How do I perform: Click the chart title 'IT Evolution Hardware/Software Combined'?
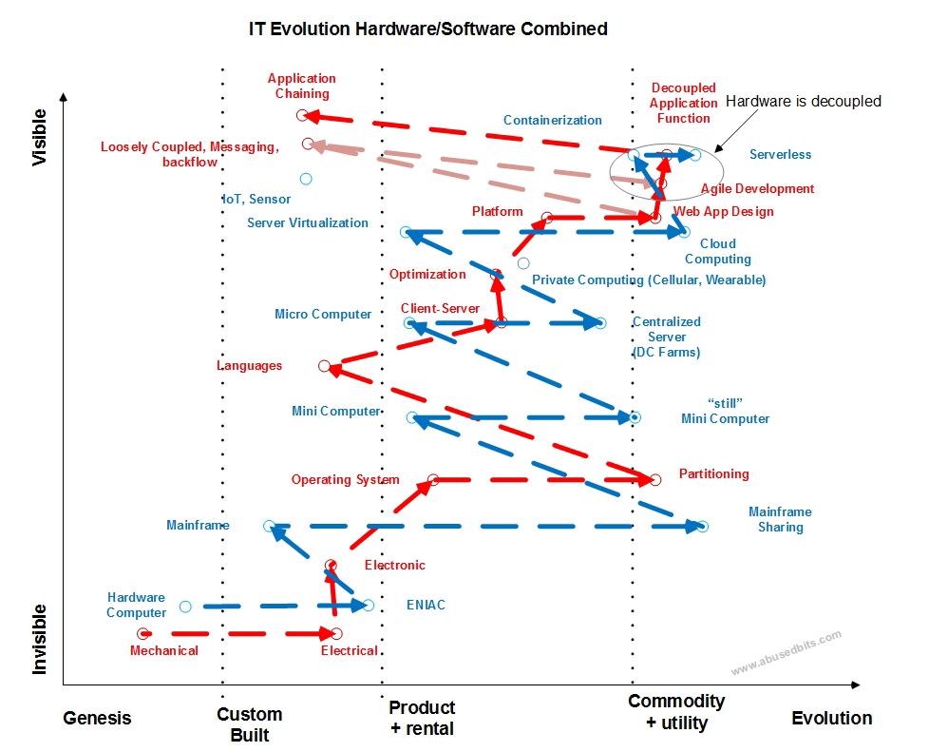[x=427, y=29]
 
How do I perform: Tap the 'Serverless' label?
[x=780, y=154]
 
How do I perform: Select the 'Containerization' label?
[x=552, y=121]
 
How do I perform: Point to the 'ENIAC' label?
[x=426, y=605]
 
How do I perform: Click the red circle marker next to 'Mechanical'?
[x=142, y=633]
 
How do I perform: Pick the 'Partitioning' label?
[x=713, y=473]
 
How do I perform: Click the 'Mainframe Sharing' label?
[x=780, y=519]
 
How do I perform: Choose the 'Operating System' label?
[x=345, y=480]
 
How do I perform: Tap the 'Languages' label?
[x=249, y=366]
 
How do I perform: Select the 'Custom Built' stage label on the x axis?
[x=249, y=724]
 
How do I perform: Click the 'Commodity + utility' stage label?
[x=676, y=711]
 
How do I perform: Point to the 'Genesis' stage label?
[x=97, y=718]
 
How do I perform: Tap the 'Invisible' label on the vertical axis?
[x=40, y=639]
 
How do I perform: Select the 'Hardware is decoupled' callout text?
[x=804, y=101]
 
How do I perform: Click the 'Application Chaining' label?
[x=302, y=87]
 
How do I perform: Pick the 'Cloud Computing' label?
[x=717, y=251]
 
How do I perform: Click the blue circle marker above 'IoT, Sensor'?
[x=306, y=179]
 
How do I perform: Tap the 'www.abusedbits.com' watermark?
[x=786, y=654]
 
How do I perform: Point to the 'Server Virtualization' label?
[x=307, y=223]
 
